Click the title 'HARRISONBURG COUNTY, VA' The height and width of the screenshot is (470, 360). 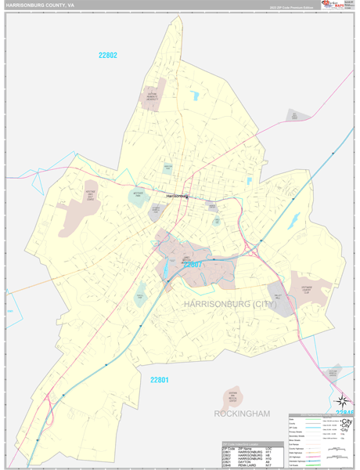click(x=40, y=5)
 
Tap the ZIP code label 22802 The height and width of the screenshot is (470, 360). click(x=108, y=55)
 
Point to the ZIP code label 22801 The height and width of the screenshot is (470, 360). click(x=160, y=380)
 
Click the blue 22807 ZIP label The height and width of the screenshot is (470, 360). click(x=193, y=265)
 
